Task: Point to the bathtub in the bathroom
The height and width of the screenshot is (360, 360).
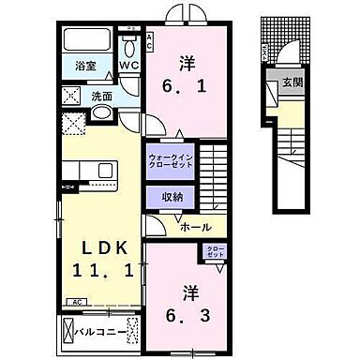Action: (x=84, y=42)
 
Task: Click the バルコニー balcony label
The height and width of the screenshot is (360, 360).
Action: (x=91, y=333)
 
